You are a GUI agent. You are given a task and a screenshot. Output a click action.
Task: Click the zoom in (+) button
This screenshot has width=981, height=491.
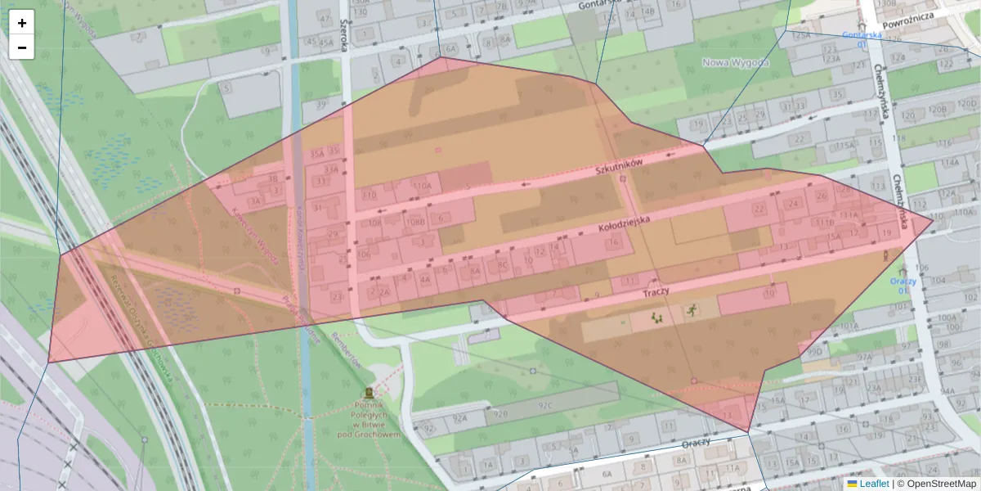click(x=22, y=23)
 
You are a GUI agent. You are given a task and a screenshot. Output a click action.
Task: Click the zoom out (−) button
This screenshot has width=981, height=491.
click(x=22, y=47)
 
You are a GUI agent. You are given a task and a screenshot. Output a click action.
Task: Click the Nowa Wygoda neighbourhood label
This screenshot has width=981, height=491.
click(x=736, y=63)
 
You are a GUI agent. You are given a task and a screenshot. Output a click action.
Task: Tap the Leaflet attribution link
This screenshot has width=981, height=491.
click(x=873, y=484)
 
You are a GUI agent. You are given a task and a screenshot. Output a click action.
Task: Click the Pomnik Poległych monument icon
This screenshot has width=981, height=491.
click(x=369, y=394)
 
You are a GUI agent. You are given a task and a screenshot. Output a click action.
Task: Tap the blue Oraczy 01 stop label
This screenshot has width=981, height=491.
click(x=903, y=286)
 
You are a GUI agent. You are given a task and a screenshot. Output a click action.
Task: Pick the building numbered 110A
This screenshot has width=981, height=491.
click(x=422, y=187)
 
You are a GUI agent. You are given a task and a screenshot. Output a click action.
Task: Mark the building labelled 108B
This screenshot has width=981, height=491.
click(x=414, y=222)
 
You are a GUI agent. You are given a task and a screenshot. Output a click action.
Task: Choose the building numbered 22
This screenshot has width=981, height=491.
click(x=760, y=209)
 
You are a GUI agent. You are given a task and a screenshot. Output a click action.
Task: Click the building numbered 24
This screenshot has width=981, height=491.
click(x=792, y=204)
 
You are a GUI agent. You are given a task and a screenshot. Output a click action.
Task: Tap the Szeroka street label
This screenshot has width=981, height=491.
click(x=343, y=35)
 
